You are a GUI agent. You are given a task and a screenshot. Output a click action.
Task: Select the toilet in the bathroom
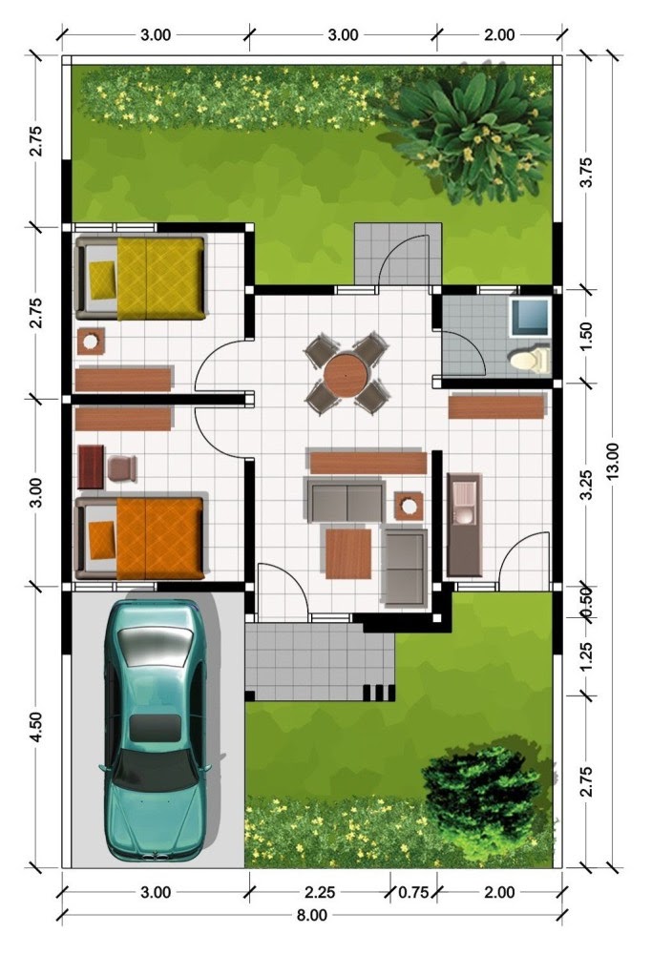530,360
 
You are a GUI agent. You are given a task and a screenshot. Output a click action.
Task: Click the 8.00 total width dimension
312,915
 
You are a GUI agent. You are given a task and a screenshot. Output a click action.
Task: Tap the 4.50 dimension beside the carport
36,726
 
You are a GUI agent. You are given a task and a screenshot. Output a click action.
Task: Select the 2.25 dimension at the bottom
320,892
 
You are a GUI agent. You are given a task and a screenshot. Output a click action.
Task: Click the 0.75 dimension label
413,892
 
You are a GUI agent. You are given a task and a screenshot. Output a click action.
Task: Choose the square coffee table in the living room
348,553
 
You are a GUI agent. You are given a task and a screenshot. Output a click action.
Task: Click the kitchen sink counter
465,525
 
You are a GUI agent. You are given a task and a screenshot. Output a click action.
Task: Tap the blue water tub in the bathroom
531,317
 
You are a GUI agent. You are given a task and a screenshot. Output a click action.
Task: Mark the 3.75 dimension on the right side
586,173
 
